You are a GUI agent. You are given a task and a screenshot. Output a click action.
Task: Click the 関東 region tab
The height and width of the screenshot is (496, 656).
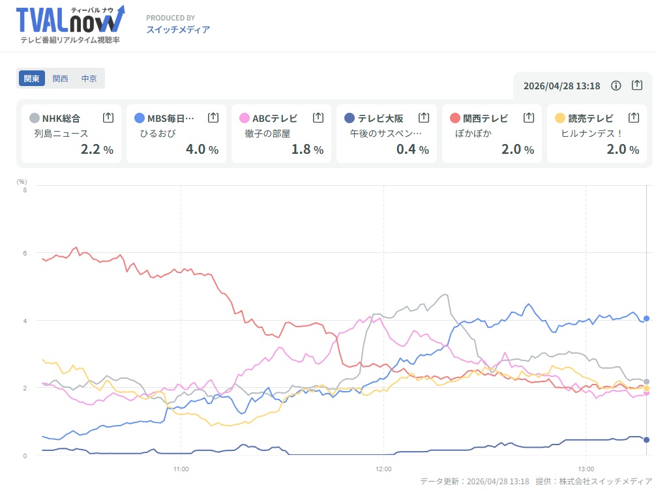pyautogui.click(x=31, y=78)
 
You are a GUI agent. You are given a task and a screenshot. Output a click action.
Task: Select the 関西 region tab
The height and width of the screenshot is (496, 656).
pyautogui.click(x=60, y=78)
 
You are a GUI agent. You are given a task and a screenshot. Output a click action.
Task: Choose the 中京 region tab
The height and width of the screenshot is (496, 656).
pyautogui.click(x=89, y=78)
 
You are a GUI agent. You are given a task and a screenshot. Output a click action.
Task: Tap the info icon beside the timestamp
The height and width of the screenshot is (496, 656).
pyautogui.click(x=616, y=85)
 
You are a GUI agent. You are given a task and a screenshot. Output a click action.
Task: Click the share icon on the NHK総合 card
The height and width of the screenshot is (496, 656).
pyautogui.click(x=108, y=117)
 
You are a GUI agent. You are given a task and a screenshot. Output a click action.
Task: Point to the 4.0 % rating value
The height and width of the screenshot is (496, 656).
pyautogui.click(x=205, y=149)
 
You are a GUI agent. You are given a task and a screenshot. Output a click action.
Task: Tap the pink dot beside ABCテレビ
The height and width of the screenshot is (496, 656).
pyautogui.click(x=245, y=118)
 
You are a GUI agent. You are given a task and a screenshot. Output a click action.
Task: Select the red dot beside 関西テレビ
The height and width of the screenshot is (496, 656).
pyautogui.click(x=455, y=118)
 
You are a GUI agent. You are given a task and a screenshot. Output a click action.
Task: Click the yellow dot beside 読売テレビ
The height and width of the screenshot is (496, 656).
pyautogui.click(x=560, y=118)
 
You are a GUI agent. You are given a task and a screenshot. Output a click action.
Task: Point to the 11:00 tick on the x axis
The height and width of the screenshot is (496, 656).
pyautogui.click(x=181, y=469)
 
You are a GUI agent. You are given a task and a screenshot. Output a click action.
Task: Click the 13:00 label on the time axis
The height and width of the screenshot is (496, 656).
pyautogui.click(x=586, y=469)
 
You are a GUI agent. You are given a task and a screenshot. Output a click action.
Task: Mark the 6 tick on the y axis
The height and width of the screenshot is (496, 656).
pyautogui.click(x=24, y=253)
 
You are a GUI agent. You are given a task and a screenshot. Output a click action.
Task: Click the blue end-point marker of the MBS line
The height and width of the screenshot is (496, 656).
pyautogui.click(x=646, y=318)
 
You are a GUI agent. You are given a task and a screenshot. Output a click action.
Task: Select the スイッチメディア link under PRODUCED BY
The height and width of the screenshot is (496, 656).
pyautogui.click(x=178, y=29)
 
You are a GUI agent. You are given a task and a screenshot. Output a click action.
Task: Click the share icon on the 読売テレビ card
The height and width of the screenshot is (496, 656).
pyautogui.click(x=634, y=117)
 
